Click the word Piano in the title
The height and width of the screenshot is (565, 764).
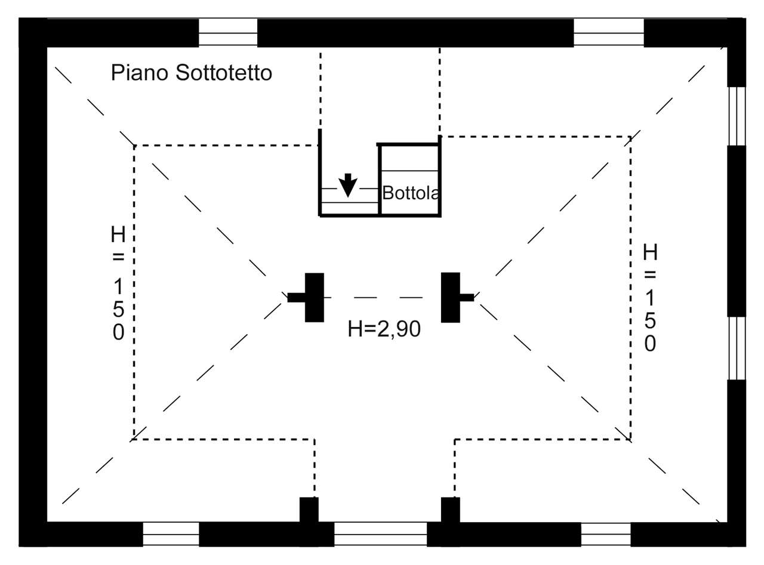point(140,73)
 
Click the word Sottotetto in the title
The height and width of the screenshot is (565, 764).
point(224,73)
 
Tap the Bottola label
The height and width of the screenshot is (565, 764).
point(411,193)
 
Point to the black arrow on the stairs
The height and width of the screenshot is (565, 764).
point(348,185)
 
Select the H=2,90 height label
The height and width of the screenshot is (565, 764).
point(384,329)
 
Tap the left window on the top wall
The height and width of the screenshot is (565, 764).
point(228,32)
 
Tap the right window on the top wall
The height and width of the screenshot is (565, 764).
point(609,32)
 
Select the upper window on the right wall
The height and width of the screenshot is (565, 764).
point(737,116)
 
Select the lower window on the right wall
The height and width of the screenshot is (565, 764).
point(737,348)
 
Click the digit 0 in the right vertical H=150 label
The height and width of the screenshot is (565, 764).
point(650,344)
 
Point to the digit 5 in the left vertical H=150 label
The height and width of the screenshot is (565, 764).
point(118,309)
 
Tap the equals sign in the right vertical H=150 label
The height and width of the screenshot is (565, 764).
point(650,275)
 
